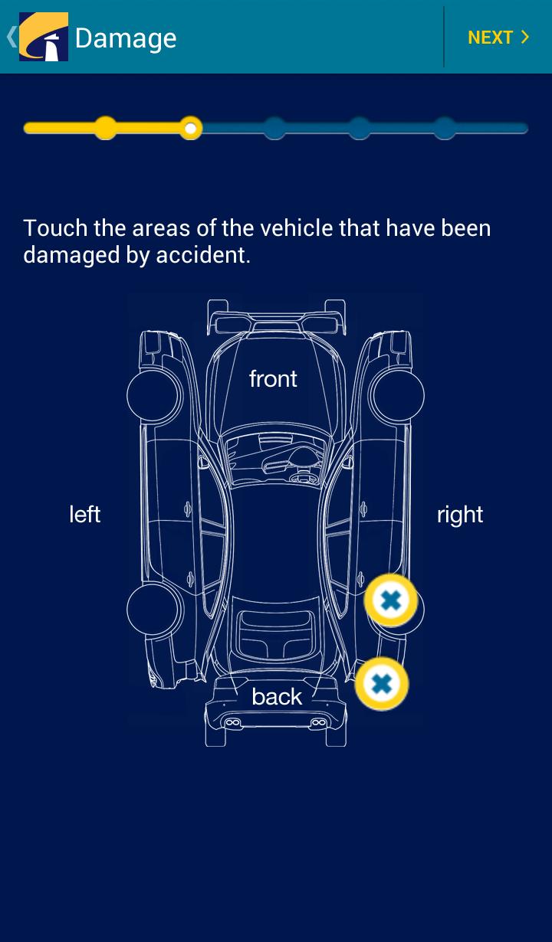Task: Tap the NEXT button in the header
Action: pyautogui.click(x=498, y=38)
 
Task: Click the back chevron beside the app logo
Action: pyautogui.click(x=11, y=37)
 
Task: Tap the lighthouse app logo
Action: pyautogui.click(x=44, y=37)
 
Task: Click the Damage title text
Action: pyautogui.click(x=126, y=38)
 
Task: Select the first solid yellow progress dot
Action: pyautogui.click(x=106, y=128)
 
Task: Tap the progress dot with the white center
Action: pyautogui.click(x=191, y=128)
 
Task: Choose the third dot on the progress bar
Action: pyautogui.click(x=274, y=128)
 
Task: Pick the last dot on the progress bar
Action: pyautogui.click(x=445, y=128)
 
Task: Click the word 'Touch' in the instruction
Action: pyautogui.click(x=55, y=228)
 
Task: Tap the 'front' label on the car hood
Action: pyautogui.click(x=273, y=378)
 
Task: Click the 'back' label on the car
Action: pyautogui.click(x=277, y=696)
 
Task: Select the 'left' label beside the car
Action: pyautogui.click(x=84, y=514)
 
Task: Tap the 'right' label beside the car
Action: pyautogui.click(x=460, y=514)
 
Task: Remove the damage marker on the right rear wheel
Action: pyautogui.click(x=391, y=600)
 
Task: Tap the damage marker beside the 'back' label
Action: pyautogui.click(x=382, y=684)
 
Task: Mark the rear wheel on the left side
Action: pyautogui.click(x=153, y=610)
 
